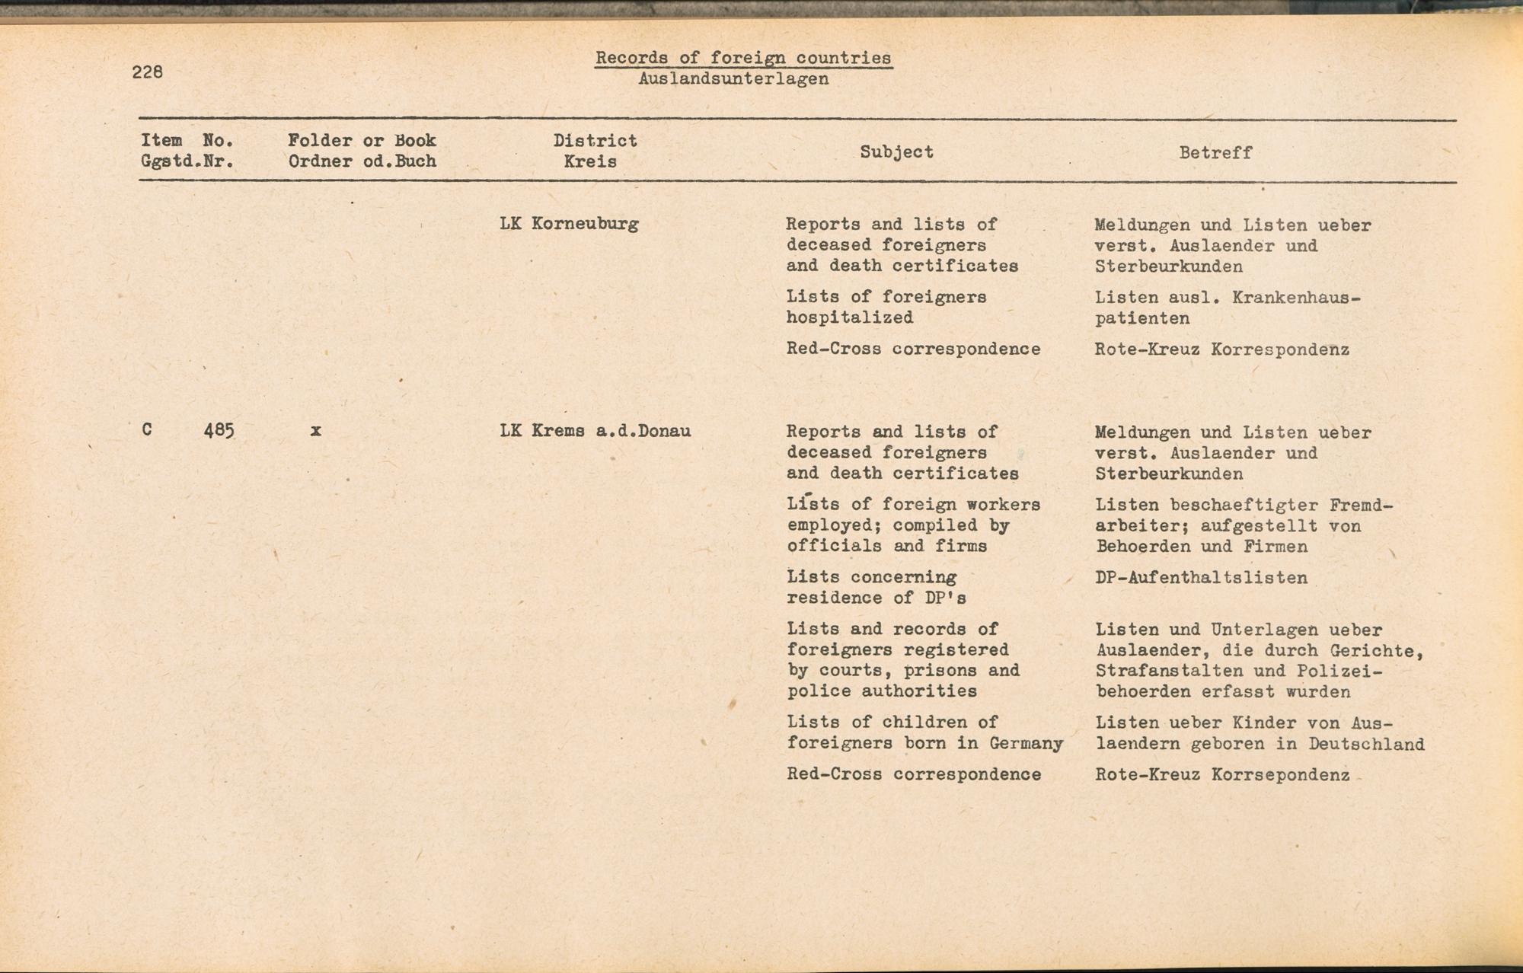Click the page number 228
(147, 72)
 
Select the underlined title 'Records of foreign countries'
(742, 58)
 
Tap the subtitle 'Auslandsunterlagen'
(733, 78)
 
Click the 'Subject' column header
(896, 152)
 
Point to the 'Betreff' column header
(1215, 152)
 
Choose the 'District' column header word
(595, 141)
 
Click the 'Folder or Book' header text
(362, 141)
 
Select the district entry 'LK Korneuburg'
(569, 224)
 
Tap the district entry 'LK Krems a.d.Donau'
(595, 431)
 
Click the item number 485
(219, 431)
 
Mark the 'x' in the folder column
(315, 431)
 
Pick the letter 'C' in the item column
(147, 430)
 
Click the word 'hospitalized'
(849, 317)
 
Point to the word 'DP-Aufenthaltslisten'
(1201, 578)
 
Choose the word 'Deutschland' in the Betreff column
(1366, 744)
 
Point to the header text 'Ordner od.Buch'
(362, 161)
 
